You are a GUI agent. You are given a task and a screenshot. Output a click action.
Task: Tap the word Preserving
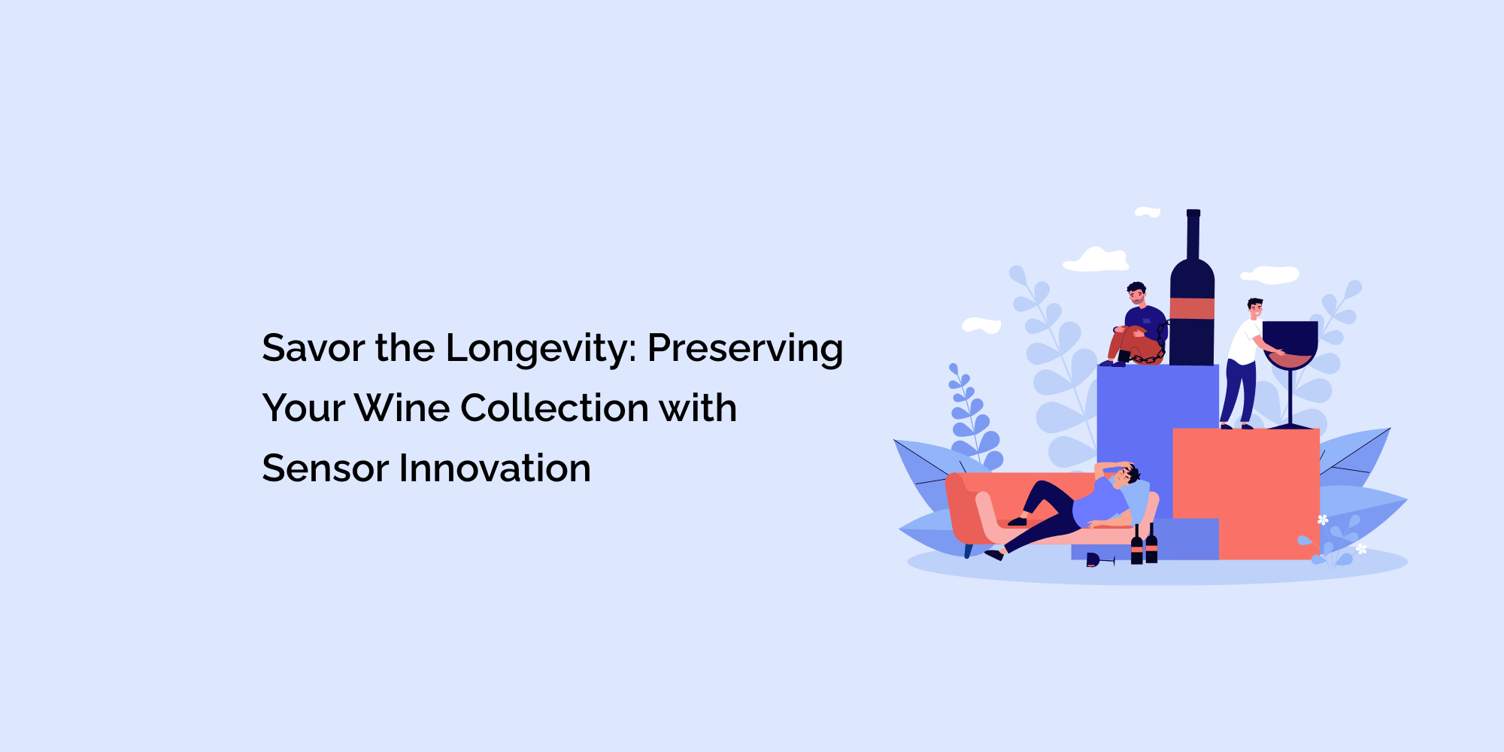(x=745, y=350)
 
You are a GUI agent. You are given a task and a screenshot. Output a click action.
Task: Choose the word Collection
(x=555, y=408)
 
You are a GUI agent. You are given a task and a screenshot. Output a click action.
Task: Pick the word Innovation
(x=495, y=468)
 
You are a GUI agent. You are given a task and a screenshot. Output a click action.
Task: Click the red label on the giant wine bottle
(x=1192, y=308)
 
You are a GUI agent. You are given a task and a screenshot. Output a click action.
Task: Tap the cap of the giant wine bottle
(x=1193, y=214)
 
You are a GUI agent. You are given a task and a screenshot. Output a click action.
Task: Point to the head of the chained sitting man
(x=1136, y=293)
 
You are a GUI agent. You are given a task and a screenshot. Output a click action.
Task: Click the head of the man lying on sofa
(x=1126, y=476)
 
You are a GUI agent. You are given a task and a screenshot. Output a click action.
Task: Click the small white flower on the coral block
(x=1323, y=520)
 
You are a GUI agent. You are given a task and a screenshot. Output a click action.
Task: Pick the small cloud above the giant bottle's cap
(x=1148, y=212)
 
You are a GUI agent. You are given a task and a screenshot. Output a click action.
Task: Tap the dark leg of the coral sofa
(x=969, y=550)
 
